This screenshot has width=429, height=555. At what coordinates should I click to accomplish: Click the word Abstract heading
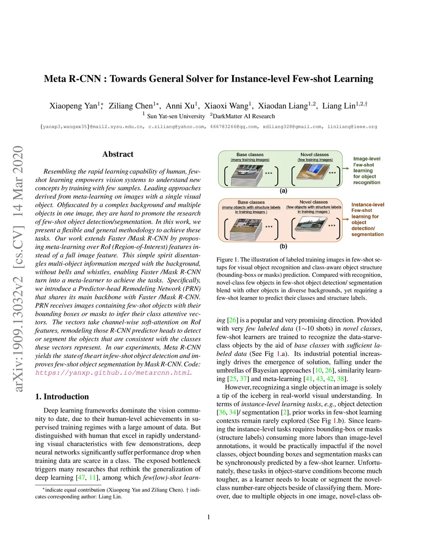click(118, 154)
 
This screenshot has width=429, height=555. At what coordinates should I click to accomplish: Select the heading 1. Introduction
click(62, 397)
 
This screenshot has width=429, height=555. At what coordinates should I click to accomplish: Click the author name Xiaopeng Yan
click(73, 106)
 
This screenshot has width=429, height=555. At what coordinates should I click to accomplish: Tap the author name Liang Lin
click(339, 106)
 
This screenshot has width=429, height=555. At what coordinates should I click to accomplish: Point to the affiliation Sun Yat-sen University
click(176, 116)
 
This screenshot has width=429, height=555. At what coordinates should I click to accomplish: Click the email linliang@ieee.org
click(352, 126)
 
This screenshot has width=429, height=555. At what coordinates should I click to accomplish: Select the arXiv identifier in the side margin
click(18, 268)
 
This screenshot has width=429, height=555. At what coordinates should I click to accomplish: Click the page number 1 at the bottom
click(209, 517)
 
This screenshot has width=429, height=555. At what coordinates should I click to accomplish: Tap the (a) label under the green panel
click(284, 191)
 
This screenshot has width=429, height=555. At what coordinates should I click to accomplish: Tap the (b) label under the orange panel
click(284, 246)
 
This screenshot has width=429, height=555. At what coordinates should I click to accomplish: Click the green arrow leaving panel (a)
click(346, 168)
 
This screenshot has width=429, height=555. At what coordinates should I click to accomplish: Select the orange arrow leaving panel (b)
click(346, 219)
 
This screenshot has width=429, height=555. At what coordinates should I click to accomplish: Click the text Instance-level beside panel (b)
click(367, 205)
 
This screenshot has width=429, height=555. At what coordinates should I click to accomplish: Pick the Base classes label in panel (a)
click(250, 155)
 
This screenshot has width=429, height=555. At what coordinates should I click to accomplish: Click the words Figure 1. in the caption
click(227, 260)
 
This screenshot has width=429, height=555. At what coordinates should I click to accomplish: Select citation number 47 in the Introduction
click(81, 478)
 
